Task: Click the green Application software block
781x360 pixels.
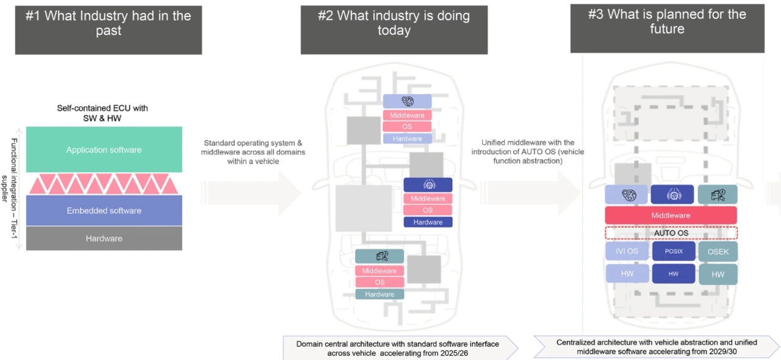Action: pos(104,149)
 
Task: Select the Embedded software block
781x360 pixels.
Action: pos(104,211)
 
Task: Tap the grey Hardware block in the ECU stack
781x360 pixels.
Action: pos(104,239)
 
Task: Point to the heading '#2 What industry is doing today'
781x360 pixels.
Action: pos(394,23)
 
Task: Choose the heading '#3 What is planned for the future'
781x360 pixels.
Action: pos(667,21)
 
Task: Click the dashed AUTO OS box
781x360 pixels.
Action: pos(671,232)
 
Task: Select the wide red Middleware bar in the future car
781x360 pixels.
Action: pos(671,215)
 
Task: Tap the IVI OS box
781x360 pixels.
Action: pos(627,251)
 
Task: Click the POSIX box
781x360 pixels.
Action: pos(673,251)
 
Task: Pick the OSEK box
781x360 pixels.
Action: pos(718,251)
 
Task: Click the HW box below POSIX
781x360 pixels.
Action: pos(673,274)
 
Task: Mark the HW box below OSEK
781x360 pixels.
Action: pos(718,274)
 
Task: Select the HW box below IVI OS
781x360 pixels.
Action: pos(627,274)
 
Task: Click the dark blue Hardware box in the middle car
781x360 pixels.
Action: pos(428,222)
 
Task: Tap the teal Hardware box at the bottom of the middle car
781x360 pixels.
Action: pos(380,294)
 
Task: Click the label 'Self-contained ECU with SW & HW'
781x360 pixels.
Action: pos(107,112)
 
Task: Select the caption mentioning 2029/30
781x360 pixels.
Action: pos(657,347)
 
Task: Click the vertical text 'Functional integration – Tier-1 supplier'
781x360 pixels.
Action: pos(10,189)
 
